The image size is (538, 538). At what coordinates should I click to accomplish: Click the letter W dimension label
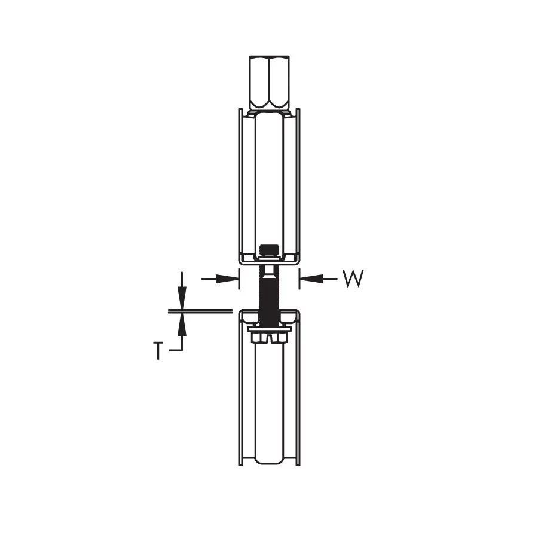[353, 278]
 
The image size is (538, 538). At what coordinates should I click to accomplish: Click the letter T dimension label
[158, 350]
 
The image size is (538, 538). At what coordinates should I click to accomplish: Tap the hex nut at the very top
[270, 83]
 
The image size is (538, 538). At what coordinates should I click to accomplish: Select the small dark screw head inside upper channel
[269, 250]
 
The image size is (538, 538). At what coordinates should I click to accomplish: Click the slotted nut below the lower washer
[270, 338]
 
